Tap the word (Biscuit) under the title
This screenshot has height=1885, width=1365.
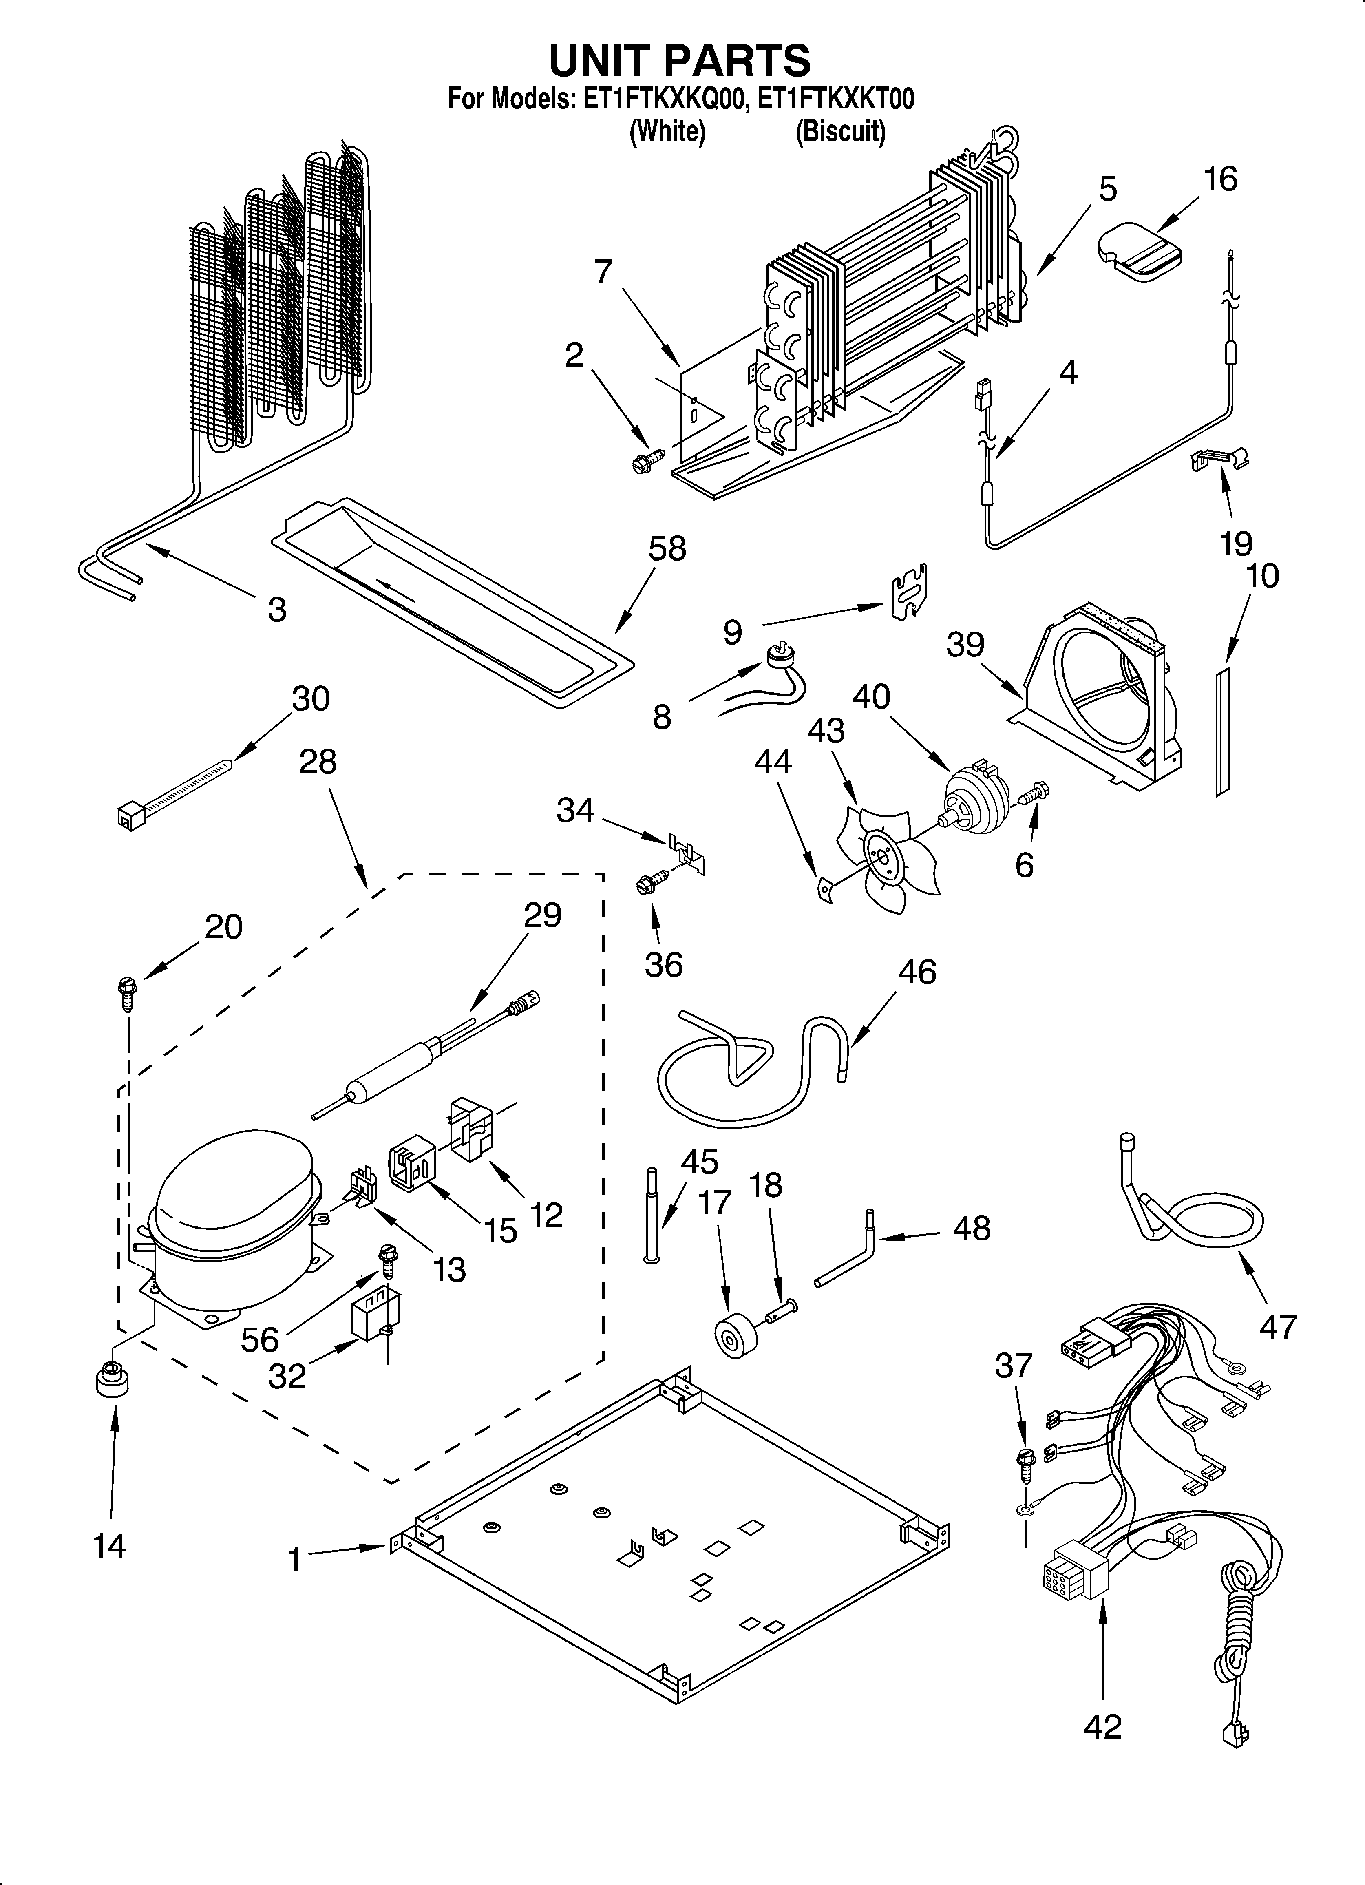pos(839,131)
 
